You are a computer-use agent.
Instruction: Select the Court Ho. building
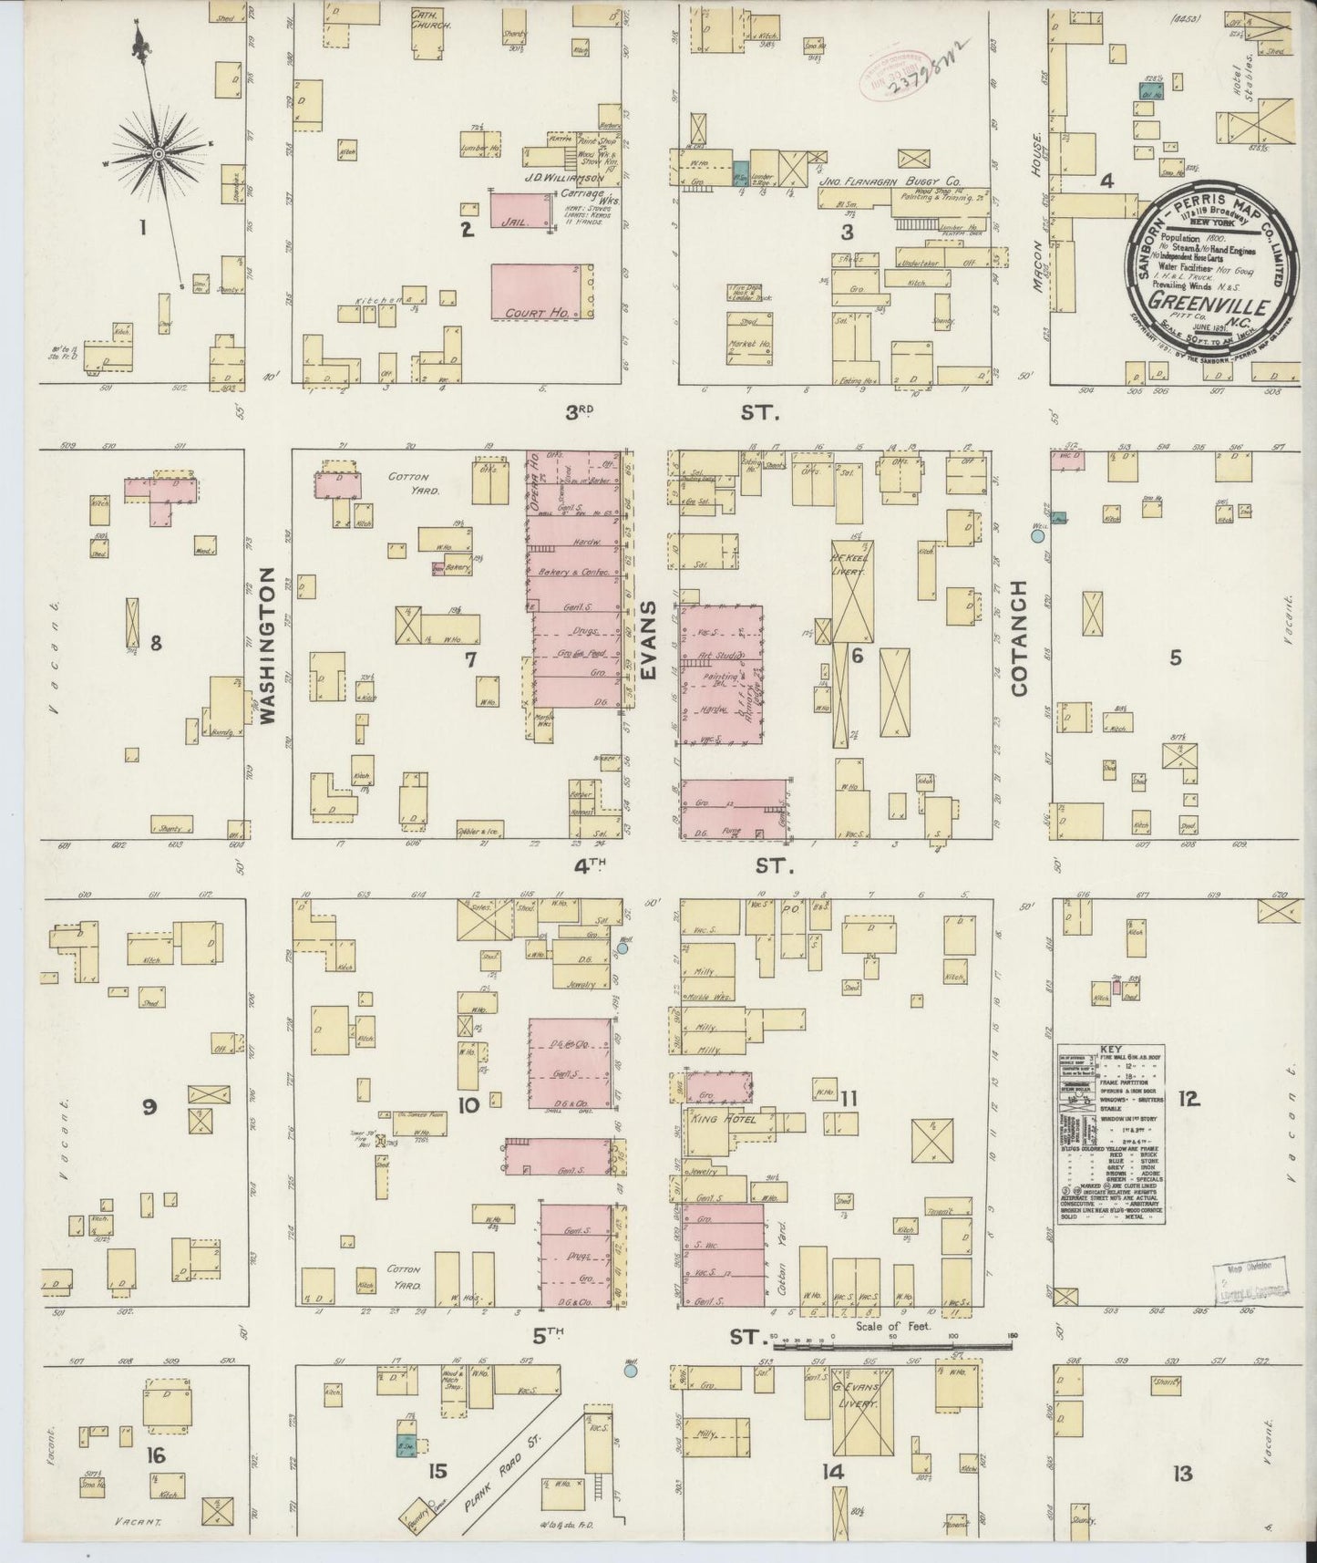pos(541,292)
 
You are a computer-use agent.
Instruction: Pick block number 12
pos(1188,1100)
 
